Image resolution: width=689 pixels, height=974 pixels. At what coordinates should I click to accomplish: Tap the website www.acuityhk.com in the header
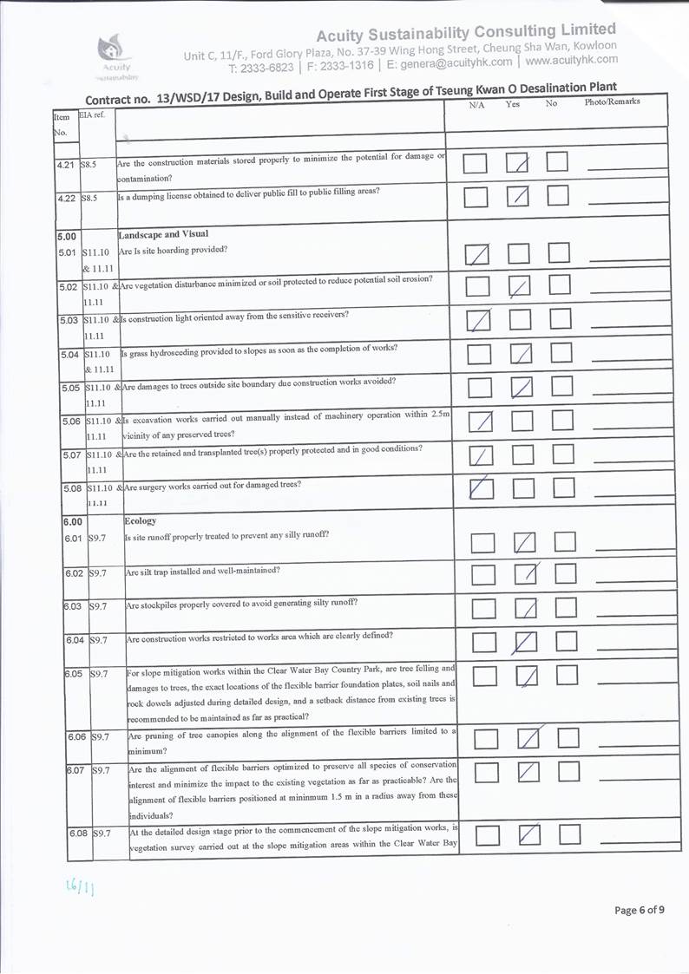(x=571, y=61)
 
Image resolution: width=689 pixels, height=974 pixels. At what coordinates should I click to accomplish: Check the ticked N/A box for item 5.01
(x=477, y=254)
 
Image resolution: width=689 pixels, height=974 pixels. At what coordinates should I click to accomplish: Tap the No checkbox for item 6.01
(x=566, y=544)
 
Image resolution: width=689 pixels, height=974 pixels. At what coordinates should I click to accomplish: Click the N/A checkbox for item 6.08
(x=487, y=835)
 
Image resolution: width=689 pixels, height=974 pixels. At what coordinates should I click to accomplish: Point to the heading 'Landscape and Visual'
(x=159, y=234)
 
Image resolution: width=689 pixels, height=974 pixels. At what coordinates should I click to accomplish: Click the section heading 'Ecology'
(x=141, y=521)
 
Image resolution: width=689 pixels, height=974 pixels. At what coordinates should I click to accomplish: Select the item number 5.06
(x=72, y=421)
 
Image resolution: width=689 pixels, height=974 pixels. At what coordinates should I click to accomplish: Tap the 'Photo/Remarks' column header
(x=613, y=102)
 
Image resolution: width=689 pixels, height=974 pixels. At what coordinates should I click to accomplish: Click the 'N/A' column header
(x=476, y=105)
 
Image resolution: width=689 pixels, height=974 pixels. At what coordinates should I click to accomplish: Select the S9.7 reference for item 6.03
(x=98, y=605)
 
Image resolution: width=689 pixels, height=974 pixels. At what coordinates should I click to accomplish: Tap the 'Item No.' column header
(x=61, y=124)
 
